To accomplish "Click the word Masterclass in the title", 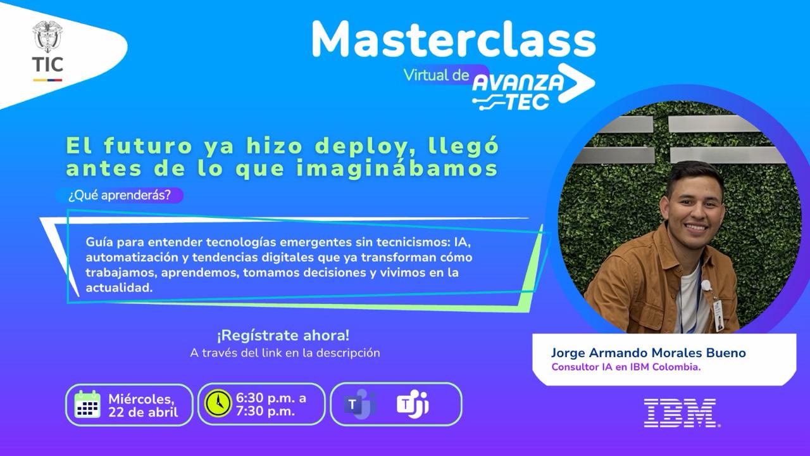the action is (454, 39).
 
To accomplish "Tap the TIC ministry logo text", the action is (47, 65).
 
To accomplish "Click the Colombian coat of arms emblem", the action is (47, 37).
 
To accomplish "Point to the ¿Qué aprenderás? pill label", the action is (120, 196).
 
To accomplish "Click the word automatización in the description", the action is (132, 257).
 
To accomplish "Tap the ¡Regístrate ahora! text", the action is (283, 336).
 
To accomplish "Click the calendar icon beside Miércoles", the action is (87, 404).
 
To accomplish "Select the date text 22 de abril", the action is (143, 412).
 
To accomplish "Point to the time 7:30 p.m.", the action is (265, 411).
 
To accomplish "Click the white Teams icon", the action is (412, 404).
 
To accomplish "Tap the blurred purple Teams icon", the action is (359, 404).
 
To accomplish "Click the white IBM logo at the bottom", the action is (680, 413).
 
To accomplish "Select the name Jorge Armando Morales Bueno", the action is (649, 353).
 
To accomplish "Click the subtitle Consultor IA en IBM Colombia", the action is (626, 367).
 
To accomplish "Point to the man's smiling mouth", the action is (696, 227).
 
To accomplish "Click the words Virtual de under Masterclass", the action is (436, 75).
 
